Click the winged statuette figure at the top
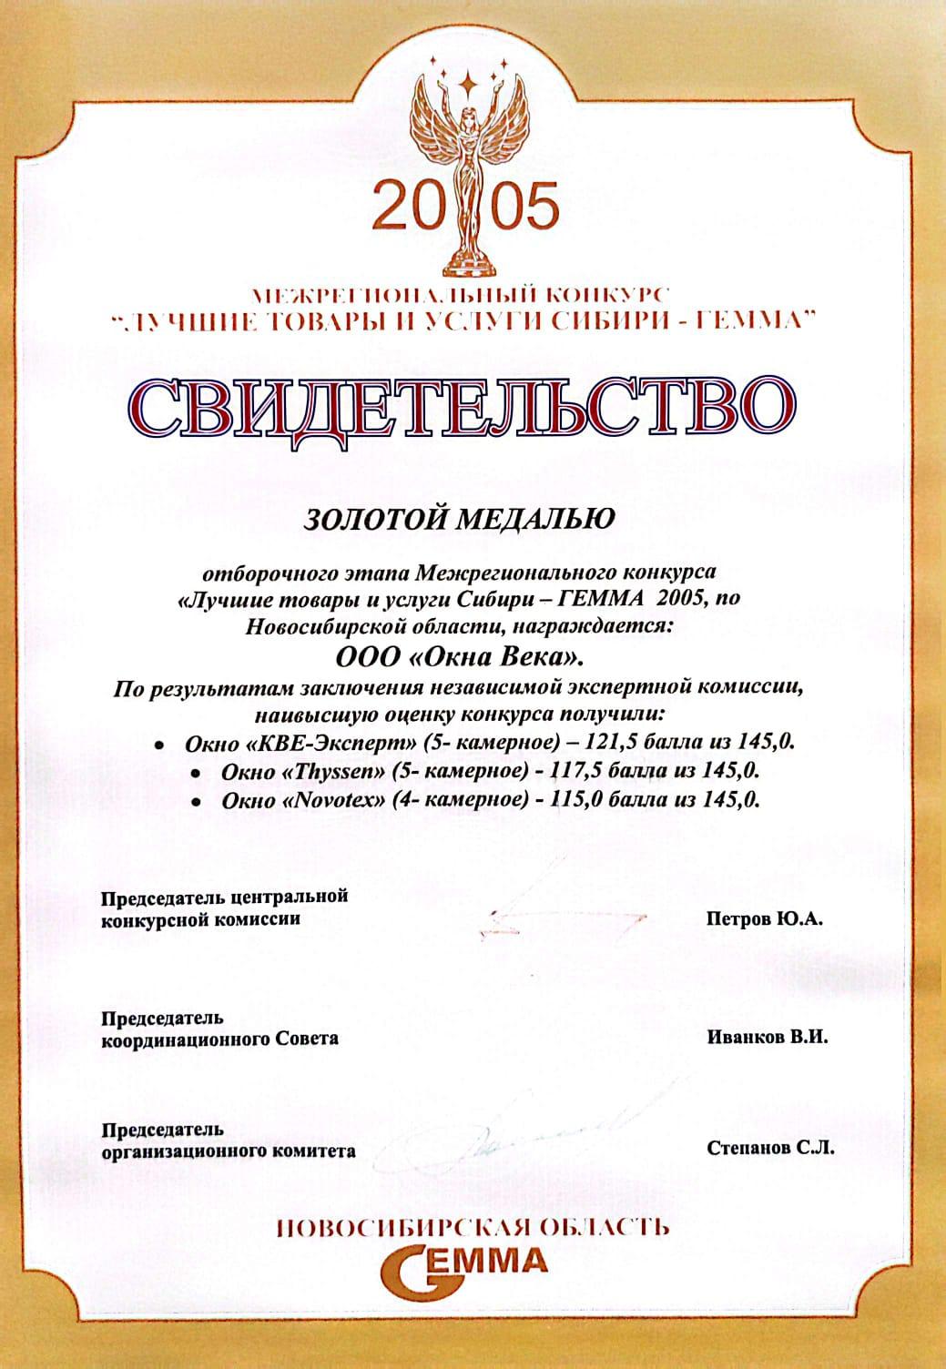[x=471, y=173]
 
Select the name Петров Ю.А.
[x=764, y=920]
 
